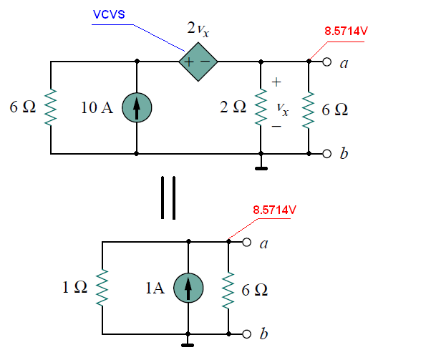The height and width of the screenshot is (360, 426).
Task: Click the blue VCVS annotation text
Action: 109,14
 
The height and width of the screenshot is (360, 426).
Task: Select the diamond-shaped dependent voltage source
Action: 198,62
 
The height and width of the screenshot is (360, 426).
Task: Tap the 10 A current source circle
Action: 137,107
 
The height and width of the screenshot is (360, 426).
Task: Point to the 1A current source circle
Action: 188,288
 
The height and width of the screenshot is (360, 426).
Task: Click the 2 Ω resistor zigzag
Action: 261,107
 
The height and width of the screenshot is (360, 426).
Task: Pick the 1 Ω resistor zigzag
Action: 102,288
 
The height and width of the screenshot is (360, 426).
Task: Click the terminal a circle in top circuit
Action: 327,62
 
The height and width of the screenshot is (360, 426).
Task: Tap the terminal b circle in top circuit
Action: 327,154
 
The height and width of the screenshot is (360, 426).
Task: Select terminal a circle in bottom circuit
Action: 247,242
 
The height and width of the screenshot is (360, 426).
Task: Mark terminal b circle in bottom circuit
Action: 247,334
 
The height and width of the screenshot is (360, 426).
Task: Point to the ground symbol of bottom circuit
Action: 188,343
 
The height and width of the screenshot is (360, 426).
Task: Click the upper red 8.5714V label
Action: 346,31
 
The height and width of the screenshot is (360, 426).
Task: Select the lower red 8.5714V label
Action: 274,210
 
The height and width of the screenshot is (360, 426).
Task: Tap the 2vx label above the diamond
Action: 198,29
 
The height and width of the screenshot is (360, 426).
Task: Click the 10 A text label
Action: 97,107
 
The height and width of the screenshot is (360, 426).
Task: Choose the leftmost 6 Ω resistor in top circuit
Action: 51,107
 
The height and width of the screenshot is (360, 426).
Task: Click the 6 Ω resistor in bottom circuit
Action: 228,290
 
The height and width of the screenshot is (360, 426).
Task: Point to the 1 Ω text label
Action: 74,287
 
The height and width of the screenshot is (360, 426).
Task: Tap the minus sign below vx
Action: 276,126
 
